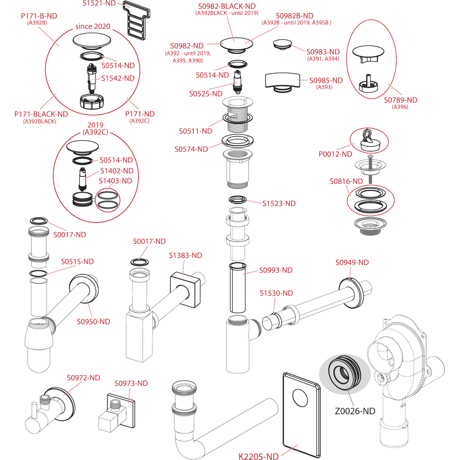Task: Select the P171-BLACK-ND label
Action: coord(42,114)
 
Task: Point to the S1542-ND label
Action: coord(118,78)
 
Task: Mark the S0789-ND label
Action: coord(401,100)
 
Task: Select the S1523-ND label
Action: coord(279,203)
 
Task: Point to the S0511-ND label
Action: coord(195,131)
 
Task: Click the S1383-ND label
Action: coord(186,255)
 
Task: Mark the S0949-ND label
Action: coord(353,262)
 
